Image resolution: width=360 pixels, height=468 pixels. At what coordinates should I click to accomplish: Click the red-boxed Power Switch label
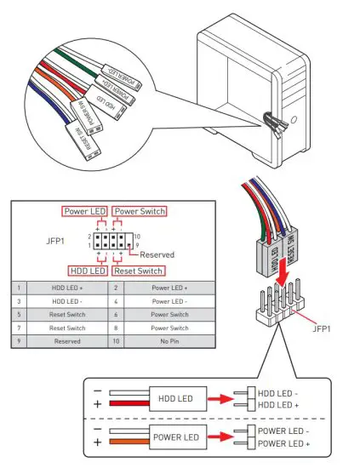[140, 211]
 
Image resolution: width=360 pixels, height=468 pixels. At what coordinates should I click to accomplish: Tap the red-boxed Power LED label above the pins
[86, 211]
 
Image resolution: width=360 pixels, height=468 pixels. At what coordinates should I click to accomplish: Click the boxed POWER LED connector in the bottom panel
[176, 438]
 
